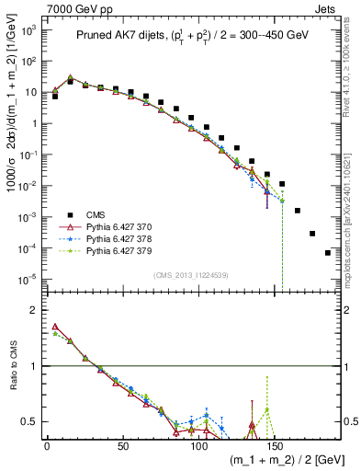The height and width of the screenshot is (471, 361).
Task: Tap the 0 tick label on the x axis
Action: point(47,445)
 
